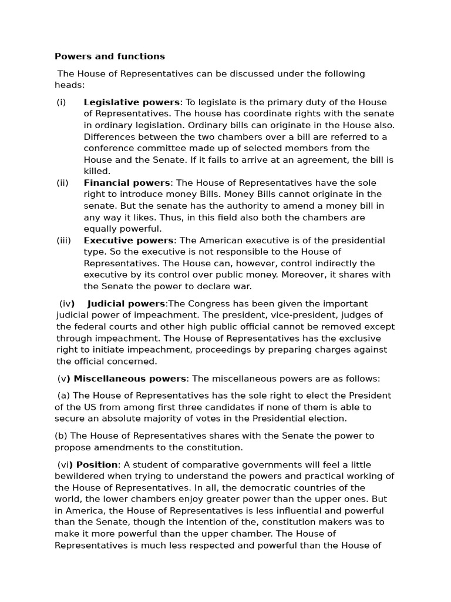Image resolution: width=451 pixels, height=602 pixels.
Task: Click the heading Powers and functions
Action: tap(110, 56)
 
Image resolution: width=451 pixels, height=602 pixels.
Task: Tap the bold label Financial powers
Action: tap(127, 183)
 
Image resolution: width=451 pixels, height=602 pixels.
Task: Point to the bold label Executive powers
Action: tap(129, 240)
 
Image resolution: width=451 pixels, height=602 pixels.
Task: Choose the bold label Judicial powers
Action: tap(126, 304)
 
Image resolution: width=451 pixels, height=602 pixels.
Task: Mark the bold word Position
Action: tap(97, 465)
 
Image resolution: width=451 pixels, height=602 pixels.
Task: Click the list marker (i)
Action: tap(62, 102)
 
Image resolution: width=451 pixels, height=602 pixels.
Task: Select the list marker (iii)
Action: tap(65, 240)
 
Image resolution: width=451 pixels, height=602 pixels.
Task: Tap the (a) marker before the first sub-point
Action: tap(64, 396)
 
